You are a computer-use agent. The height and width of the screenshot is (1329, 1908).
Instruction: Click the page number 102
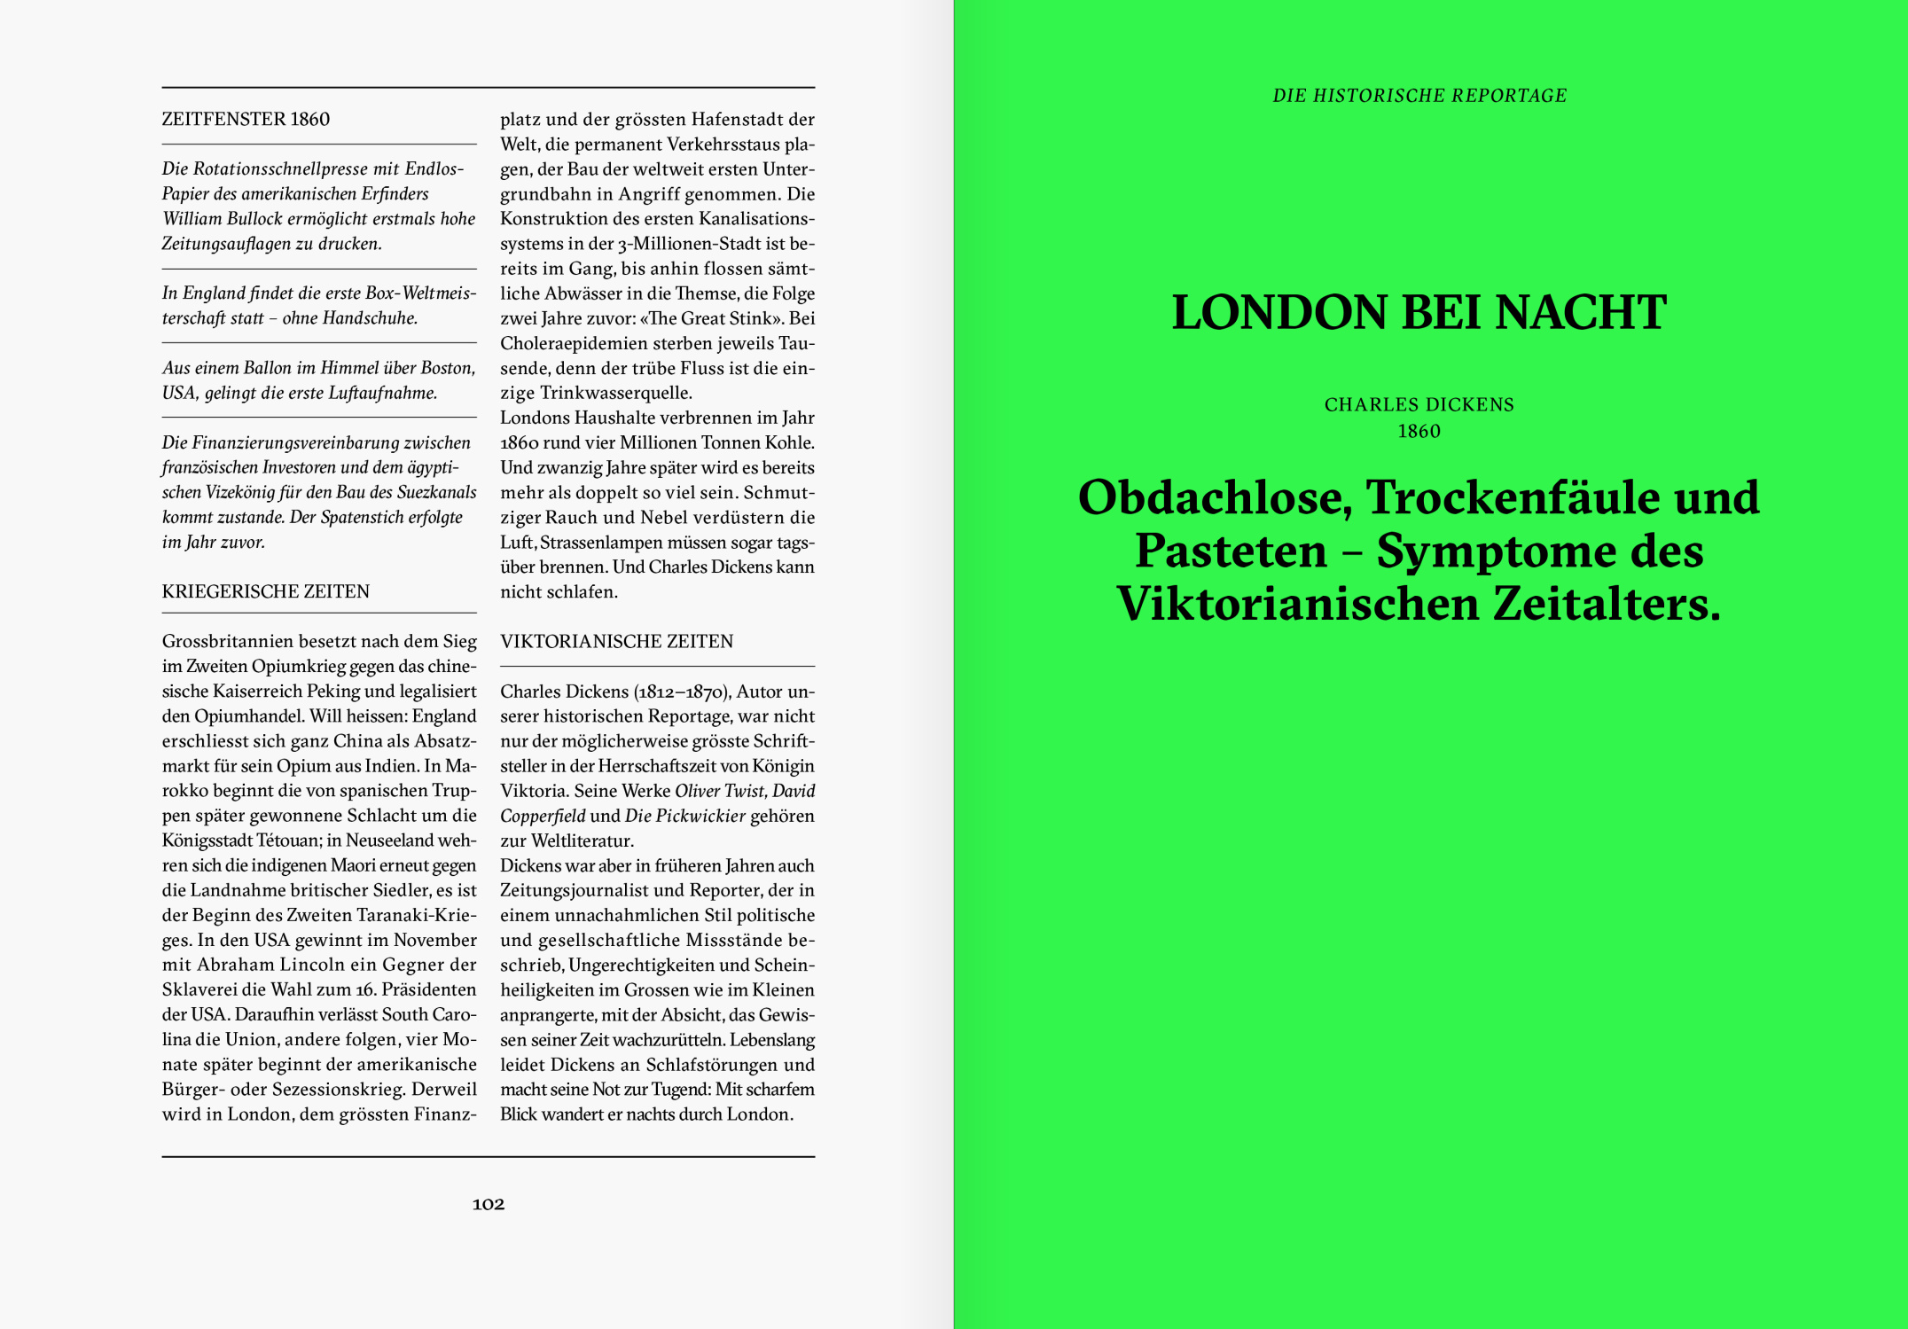pos(489,1204)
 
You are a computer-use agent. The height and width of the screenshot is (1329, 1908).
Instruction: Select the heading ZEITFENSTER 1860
pos(246,120)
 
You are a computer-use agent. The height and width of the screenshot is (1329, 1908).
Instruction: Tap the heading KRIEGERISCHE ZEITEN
pos(266,592)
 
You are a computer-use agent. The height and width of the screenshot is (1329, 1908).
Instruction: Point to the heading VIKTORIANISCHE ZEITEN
pos(617,642)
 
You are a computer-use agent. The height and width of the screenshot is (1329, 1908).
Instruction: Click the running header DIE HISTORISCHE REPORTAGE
pos(1419,96)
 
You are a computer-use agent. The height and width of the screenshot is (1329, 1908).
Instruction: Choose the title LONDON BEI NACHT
pos(1419,313)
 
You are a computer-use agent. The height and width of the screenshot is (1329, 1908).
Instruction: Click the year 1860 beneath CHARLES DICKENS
pos(1419,432)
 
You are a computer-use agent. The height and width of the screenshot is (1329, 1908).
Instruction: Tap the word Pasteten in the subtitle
pos(1231,551)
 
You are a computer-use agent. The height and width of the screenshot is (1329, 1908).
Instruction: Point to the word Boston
pos(446,368)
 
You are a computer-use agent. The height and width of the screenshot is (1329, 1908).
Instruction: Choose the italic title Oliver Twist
pos(719,791)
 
